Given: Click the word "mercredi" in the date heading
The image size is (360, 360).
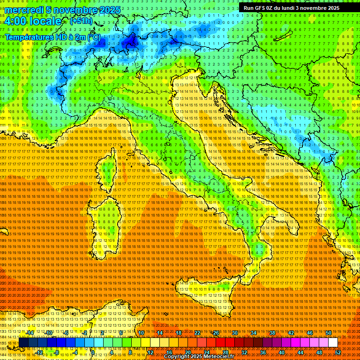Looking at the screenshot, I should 22,10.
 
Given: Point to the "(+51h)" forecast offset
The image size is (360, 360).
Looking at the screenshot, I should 81,21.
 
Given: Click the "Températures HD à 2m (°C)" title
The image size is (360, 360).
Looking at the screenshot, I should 53,37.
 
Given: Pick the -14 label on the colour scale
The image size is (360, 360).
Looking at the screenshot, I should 30,333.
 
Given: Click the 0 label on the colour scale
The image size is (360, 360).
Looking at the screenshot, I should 92,352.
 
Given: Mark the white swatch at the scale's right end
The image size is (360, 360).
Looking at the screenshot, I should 333,343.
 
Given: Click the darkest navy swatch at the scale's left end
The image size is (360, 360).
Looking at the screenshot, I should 23,343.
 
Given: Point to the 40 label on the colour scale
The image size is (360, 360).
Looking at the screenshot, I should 281,352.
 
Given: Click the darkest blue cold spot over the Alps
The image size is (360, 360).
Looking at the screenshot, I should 128,43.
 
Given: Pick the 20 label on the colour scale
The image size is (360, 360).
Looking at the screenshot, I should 187,352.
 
